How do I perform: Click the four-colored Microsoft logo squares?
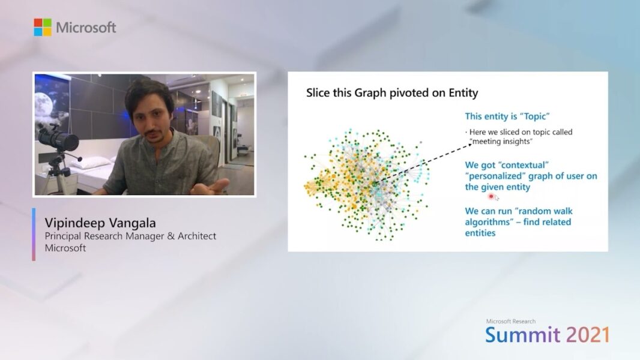pos(43,28)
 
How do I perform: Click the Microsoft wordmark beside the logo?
pos(86,28)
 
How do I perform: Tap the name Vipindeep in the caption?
pos(71,223)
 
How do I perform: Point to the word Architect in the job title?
pos(197,236)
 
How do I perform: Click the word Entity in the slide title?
pos(463,94)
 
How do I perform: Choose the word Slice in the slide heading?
pos(318,92)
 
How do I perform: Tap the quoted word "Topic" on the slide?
pos(535,116)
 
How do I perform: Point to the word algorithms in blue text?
pos(488,222)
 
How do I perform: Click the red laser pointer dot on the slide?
pos(491,197)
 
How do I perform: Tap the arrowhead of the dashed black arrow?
pos(470,145)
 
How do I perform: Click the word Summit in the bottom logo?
pos(523,335)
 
